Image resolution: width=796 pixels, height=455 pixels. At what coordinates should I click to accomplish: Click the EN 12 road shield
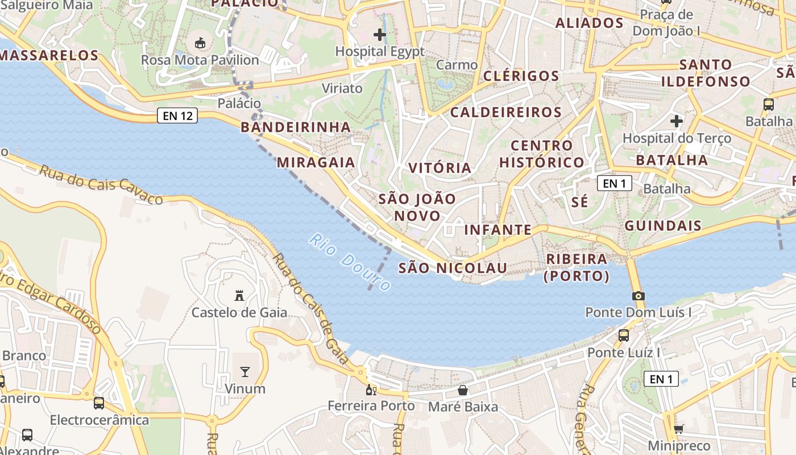[177, 116]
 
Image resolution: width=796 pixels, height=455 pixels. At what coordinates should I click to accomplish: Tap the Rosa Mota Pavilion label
[200, 60]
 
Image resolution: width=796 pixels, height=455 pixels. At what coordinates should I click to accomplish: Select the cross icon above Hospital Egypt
[380, 35]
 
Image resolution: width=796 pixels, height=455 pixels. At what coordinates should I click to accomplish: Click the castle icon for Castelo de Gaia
[239, 296]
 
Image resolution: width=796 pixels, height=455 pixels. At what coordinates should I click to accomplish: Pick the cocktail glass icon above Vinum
[245, 372]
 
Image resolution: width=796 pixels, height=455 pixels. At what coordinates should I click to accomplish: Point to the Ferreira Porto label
[371, 406]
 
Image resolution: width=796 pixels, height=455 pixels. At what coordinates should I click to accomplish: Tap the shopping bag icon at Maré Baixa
[463, 390]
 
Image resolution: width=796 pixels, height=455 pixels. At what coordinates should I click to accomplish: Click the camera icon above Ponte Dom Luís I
[639, 296]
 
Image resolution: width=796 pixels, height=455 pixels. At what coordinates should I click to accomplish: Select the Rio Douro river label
[350, 262]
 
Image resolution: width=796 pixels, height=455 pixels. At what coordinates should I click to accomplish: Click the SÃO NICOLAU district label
[445, 268]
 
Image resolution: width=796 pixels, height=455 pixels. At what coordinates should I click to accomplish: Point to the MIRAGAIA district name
[316, 163]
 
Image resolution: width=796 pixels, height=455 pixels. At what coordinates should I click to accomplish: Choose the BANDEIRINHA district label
[296, 127]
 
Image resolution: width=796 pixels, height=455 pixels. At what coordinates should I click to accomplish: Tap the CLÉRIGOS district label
[521, 76]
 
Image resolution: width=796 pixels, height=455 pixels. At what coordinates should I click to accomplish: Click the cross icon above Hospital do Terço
[677, 121]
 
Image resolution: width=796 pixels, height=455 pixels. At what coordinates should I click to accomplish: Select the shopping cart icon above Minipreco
[679, 429]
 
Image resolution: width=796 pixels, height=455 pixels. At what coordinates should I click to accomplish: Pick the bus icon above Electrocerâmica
[99, 403]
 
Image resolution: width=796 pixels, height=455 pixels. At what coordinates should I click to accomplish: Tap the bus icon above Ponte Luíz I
[624, 336]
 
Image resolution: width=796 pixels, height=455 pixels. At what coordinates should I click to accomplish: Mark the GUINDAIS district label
[663, 226]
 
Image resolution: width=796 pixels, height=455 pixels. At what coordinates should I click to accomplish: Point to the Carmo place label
[457, 65]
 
